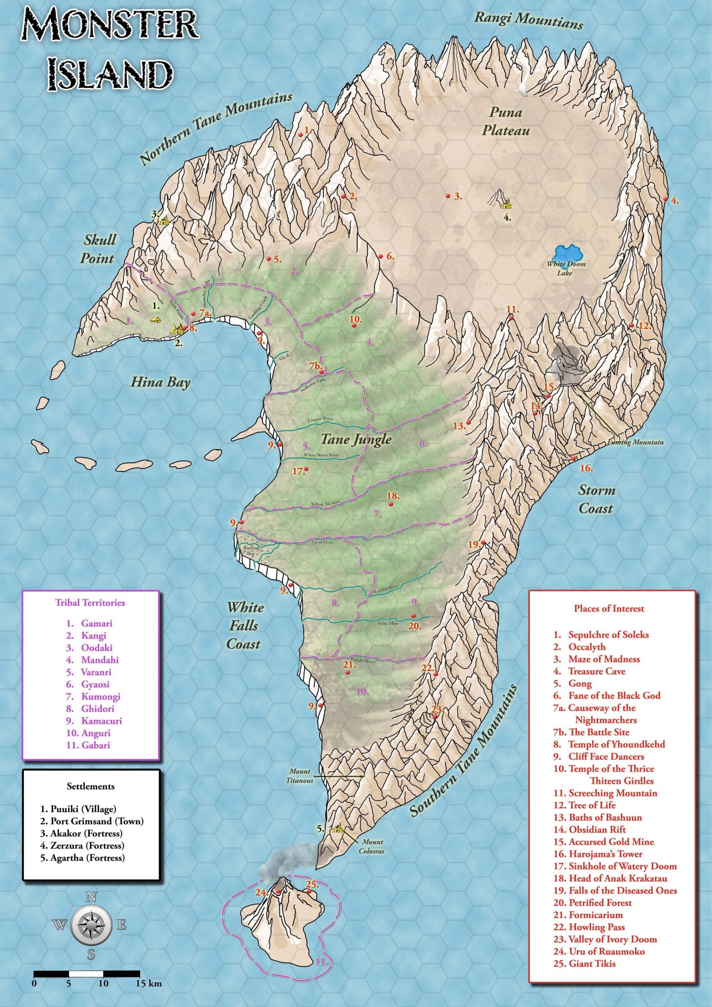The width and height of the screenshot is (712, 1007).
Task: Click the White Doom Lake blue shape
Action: tap(568, 254)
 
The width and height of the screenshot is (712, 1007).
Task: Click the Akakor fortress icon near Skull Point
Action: tap(163, 221)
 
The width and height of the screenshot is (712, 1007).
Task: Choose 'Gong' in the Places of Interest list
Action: tap(580, 683)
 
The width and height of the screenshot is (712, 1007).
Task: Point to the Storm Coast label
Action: tap(596, 499)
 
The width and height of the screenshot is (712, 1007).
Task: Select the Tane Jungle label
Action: tap(356, 439)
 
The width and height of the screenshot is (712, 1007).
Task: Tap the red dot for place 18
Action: tap(391, 504)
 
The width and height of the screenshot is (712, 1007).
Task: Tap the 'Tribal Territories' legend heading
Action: tap(90, 602)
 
